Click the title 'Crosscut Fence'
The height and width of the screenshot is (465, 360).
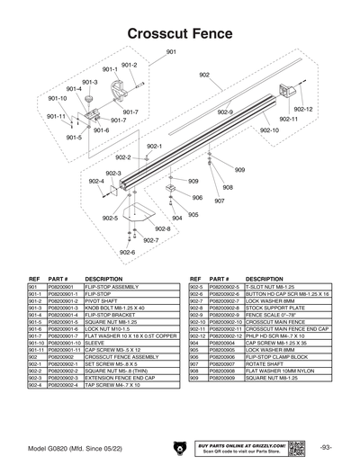tap(180, 33)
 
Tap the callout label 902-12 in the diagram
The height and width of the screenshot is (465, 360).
tap(303, 109)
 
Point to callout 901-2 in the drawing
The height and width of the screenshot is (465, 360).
tap(129, 65)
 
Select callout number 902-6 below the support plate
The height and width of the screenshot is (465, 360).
tap(127, 252)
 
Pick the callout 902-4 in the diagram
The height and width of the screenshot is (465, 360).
tap(96, 181)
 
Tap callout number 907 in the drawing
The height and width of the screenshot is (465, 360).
tap(219, 201)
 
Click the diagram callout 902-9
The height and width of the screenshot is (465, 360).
tap(224, 112)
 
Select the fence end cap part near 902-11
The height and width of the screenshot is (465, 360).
tap(287, 89)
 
